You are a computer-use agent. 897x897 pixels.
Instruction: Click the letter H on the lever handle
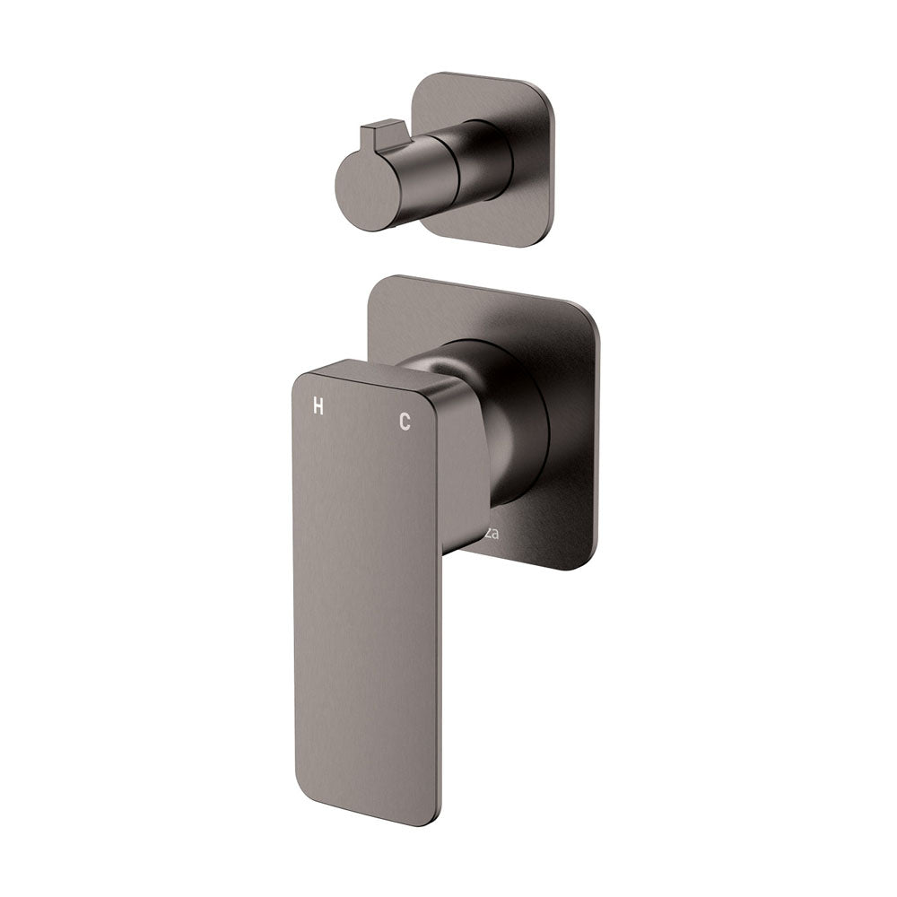click(x=318, y=405)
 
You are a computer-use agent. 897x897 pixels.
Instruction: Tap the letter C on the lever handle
click(x=405, y=422)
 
